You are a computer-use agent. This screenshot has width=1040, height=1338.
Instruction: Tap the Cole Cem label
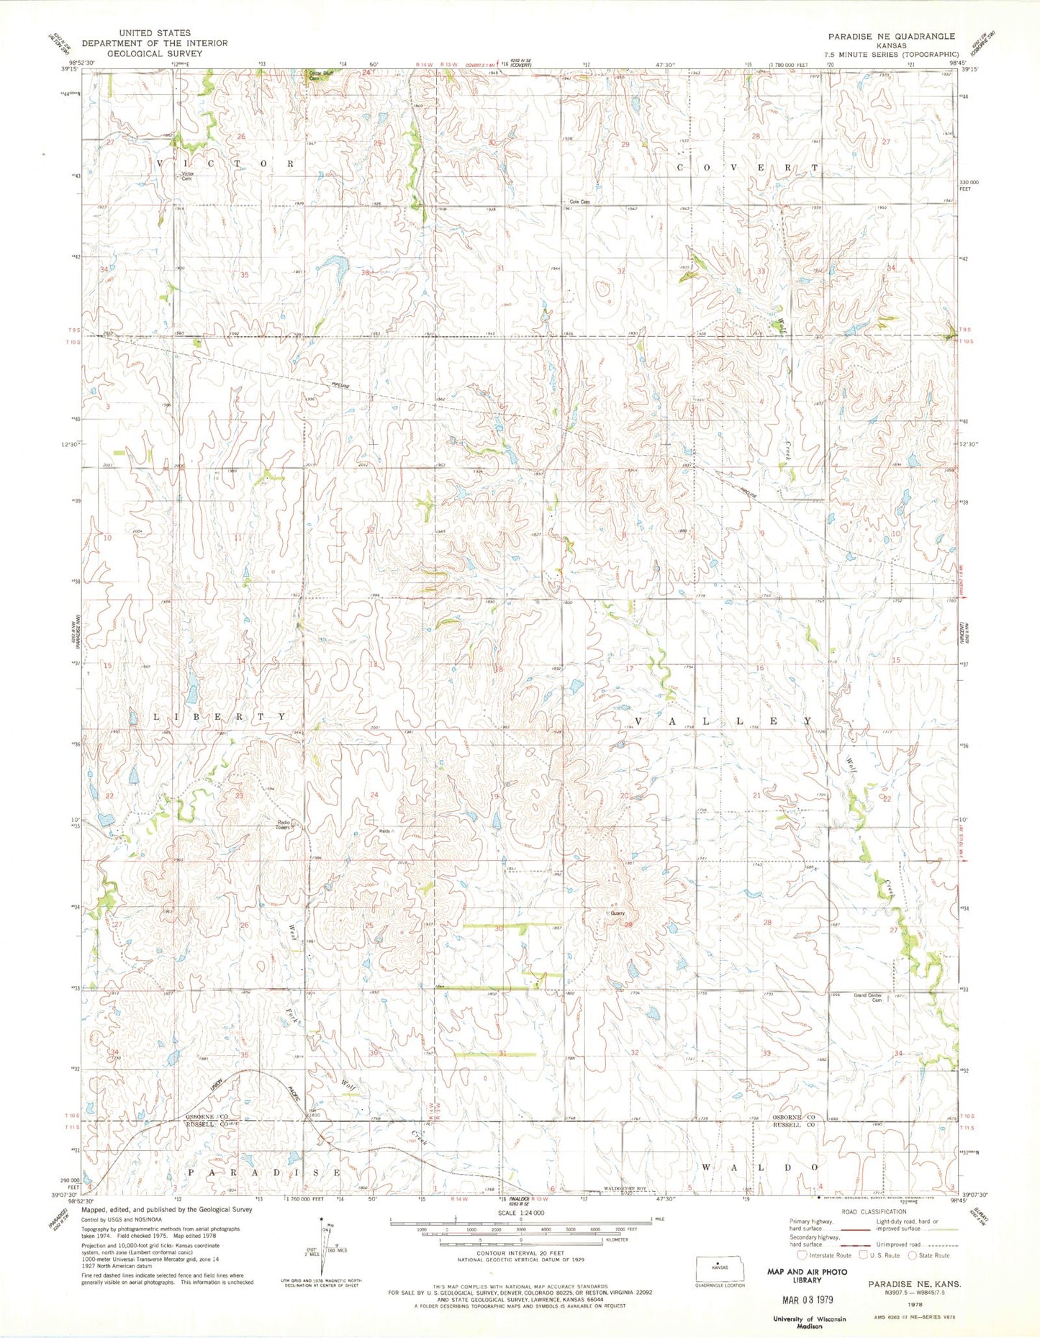tap(579, 202)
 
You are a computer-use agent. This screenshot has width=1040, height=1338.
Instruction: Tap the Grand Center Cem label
tap(867, 998)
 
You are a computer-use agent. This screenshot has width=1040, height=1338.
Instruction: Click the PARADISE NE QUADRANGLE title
tap(891, 36)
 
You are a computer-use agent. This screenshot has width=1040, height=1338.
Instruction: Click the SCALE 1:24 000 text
tap(520, 1212)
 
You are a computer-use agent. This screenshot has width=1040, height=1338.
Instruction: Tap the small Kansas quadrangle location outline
tap(716, 1267)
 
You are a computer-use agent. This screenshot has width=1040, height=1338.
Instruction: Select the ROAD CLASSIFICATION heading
tap(870, 1211)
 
